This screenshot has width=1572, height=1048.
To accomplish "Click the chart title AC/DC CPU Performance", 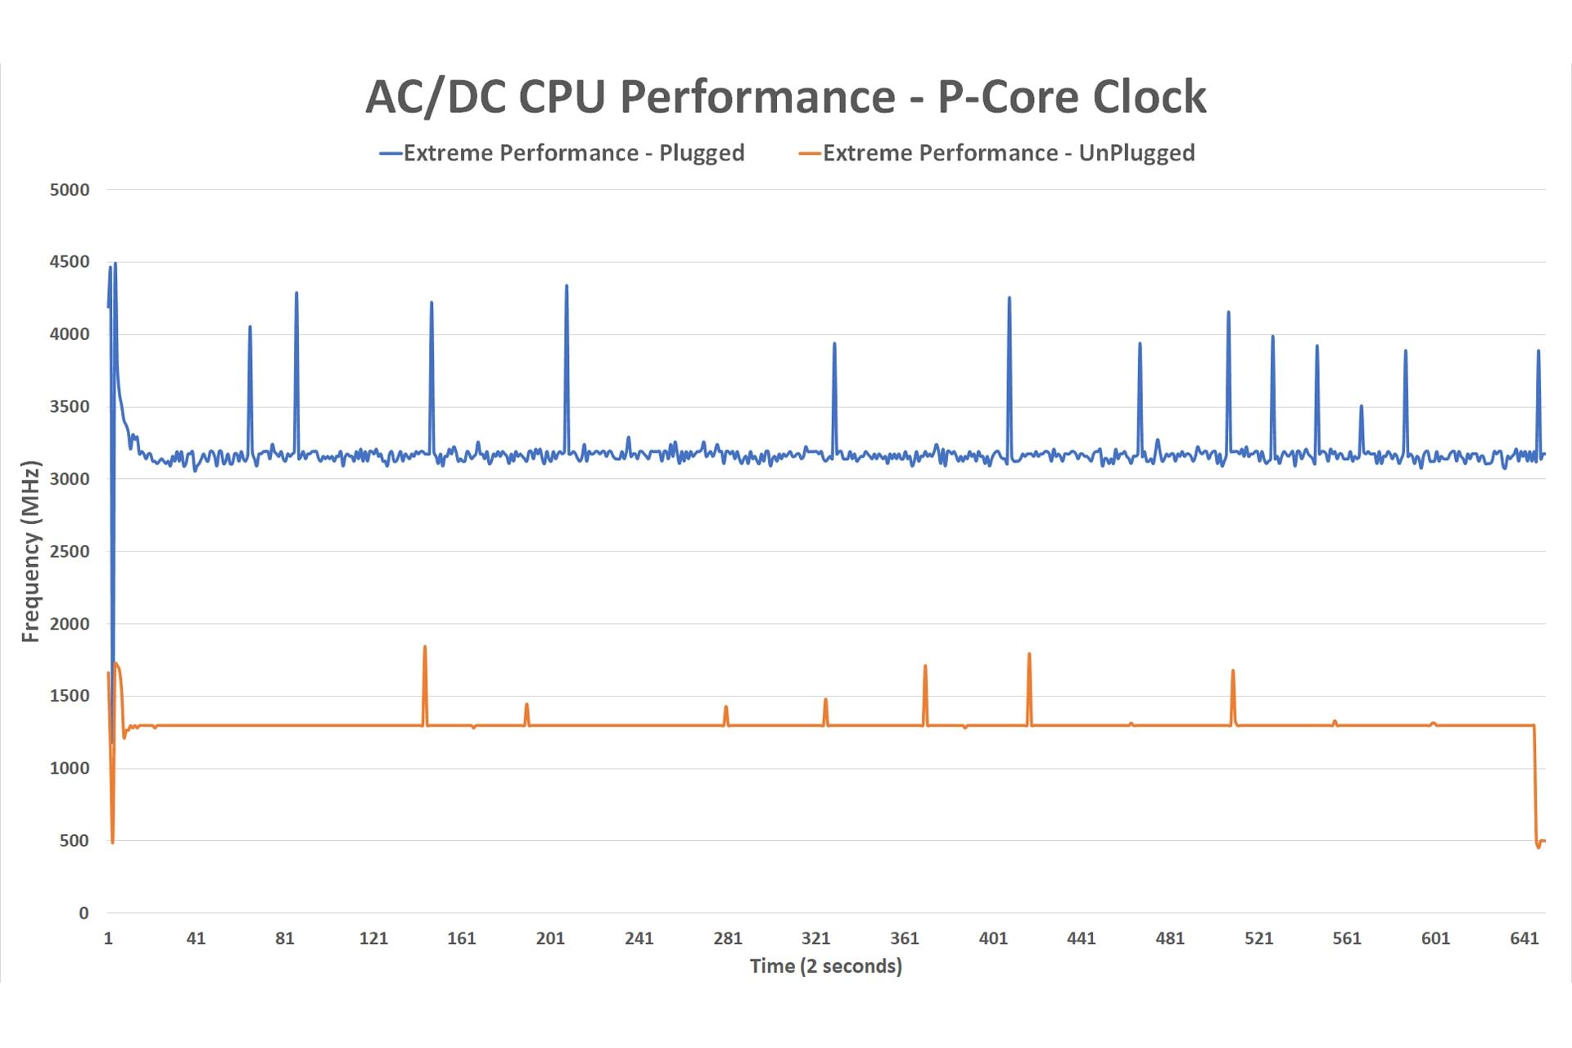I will tap(785, 97).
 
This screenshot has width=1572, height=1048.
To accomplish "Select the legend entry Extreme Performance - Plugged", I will tap(573, 153).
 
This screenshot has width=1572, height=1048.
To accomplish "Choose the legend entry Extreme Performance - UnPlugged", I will tap(1008, 153).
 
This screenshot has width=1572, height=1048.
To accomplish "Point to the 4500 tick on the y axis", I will tap(70, 262).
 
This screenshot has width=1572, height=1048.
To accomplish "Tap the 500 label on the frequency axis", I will tap(74, 841).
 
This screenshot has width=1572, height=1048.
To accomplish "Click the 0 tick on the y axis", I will tap(84, 913).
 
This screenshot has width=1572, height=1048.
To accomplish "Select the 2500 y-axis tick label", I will tap(70, 551).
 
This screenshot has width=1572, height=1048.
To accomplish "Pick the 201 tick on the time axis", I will tap(550, 938).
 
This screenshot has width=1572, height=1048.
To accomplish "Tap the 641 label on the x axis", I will tap(1524, 938).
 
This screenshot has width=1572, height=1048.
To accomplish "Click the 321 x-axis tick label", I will tap(815, 938).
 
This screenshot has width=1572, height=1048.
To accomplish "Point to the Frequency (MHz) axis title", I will tap(30, 551).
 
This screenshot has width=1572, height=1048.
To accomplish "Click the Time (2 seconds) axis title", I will tap(825, 966).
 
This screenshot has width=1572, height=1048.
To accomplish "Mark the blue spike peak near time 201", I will tap(567, 287).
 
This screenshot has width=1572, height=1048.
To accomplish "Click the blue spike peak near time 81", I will tap(296, 293).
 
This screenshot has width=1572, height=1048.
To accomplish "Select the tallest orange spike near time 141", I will tap(425, 648).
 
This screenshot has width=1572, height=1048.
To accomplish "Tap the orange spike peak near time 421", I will tap(1029, 654).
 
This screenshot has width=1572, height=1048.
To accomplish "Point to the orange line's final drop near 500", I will tap(1538, 846).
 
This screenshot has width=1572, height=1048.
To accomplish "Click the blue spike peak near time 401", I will tap(1010, 298).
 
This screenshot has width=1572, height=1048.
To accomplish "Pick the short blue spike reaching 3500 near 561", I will tap(1362, 406).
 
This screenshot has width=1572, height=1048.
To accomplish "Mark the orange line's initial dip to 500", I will tap(112, 841).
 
